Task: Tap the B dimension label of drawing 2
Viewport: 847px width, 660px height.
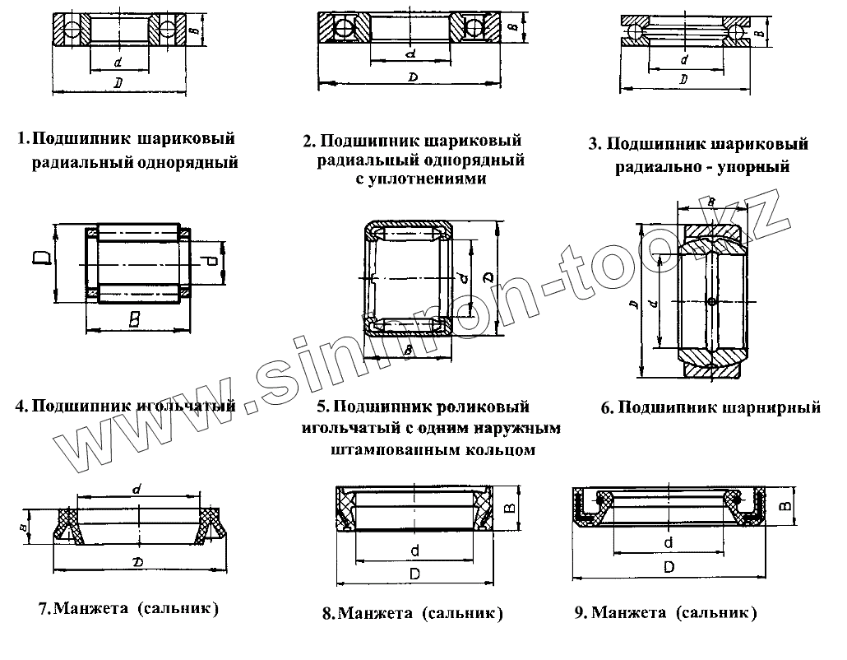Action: pyautogui.click(x=511, y=28)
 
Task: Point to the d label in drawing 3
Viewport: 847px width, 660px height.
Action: pyautogui.click(x=684, y=60)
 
